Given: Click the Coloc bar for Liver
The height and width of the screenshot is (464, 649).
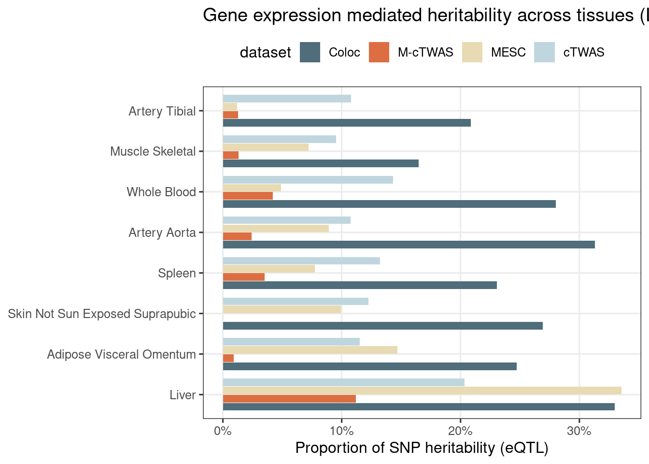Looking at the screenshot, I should pyautogui.click(x=418, y=407).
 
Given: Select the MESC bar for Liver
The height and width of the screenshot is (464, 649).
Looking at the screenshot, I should pyautogui.click(x=422, y=391).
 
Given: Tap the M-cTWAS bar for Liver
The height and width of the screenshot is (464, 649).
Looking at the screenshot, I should pyautogui.click(x=289, y=399).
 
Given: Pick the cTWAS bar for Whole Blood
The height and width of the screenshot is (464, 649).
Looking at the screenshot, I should pyautogui.click(x=308, y=180).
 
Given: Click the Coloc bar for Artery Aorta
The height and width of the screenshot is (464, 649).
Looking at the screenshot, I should pyautogui.click(x=409, y=245).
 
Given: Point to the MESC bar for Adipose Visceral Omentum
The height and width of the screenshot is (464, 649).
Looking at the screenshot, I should pyautogui.click(x=310, y=350).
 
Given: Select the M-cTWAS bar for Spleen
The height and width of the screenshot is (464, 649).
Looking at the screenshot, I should pyautogui.click(x=243, y=277).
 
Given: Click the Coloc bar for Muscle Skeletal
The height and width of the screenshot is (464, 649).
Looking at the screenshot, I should pyautogui.click(x=320, y=163).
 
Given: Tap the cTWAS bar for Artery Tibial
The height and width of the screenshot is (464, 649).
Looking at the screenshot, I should pyautogui.click(x=286, y=99).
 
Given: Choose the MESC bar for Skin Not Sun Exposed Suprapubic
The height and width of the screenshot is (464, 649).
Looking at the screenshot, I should pyautogui.click(x=282, y=309).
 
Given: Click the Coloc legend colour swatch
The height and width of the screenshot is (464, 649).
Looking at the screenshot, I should pyautogui.click(x=310, y=52).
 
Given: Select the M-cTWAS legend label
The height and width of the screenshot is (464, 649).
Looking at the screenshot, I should pyautogui.click(x=425, y=52).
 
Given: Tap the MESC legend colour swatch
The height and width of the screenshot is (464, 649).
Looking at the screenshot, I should pyautogui.click(x=472, y=52).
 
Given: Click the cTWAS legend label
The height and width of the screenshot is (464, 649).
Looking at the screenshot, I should pyautogui.click(x=584, y=52).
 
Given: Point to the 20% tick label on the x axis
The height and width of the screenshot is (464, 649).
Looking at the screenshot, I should pyautogui.click(x=460, y=431).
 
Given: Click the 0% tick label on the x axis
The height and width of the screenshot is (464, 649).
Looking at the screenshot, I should pyautogui.click(x=223, y=431).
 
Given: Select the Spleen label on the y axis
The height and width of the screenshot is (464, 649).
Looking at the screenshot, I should pyautogui.click(x=177, y=273).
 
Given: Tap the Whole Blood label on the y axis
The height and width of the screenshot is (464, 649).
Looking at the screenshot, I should pyautogui.click(x=161, y=192).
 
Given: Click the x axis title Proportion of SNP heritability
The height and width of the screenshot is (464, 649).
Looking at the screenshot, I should pyautogui.click(x=422, y=448).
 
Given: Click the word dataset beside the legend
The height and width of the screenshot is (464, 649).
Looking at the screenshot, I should pyautogui.click(x=265, y=52).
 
